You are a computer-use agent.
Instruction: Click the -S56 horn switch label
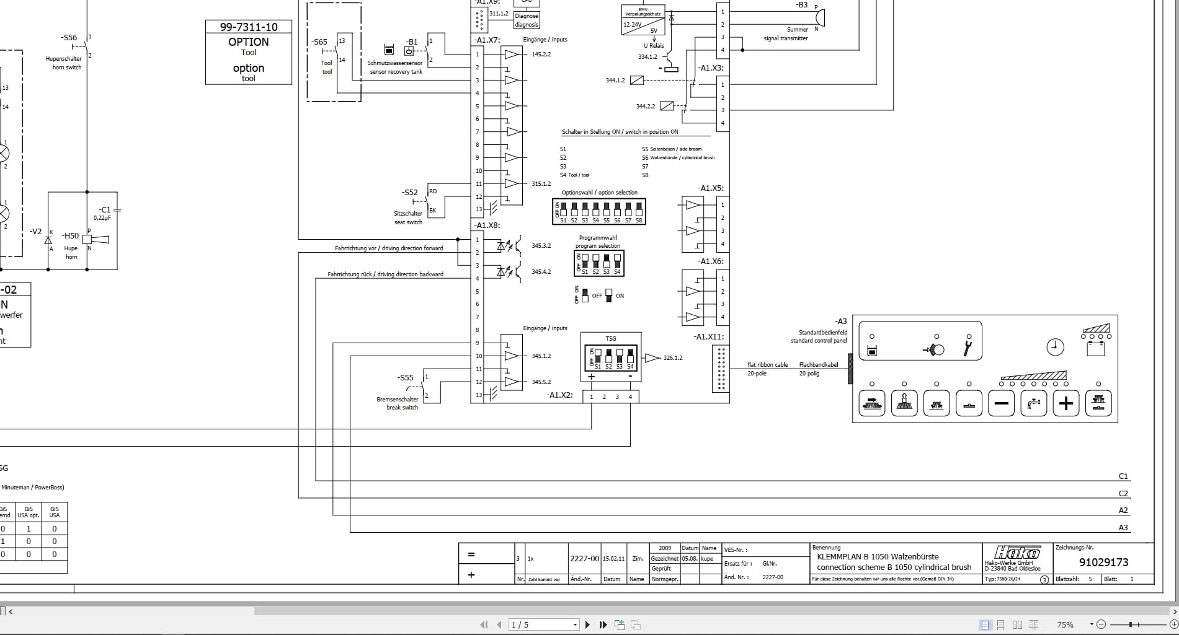click(x=69, y=37)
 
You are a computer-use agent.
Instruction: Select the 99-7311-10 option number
click(x=249, y=27)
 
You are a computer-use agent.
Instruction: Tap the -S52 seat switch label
click(x=410, y=193)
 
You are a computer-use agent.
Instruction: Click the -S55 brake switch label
click(x=406, y=377)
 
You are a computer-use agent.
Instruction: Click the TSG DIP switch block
click(x=611, y=359)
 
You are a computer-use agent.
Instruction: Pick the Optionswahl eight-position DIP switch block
click(x=599, y=212)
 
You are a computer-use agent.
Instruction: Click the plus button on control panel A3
click(x=1066, y=404)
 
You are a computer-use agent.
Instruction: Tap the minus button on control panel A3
click(x=1001, y=404)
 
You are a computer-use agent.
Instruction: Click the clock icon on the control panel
click(x=1055, y=348)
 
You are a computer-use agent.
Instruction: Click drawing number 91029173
click(x=1103, y=563)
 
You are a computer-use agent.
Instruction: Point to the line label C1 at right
click(x=1123, y=476)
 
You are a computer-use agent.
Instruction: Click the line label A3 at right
click(x=1123, y=528)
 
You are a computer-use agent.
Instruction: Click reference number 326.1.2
click(x=673, y=358)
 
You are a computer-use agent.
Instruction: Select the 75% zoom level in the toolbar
click(x=1066, y=624)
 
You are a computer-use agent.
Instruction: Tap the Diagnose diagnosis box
click(x=527, y=20)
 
